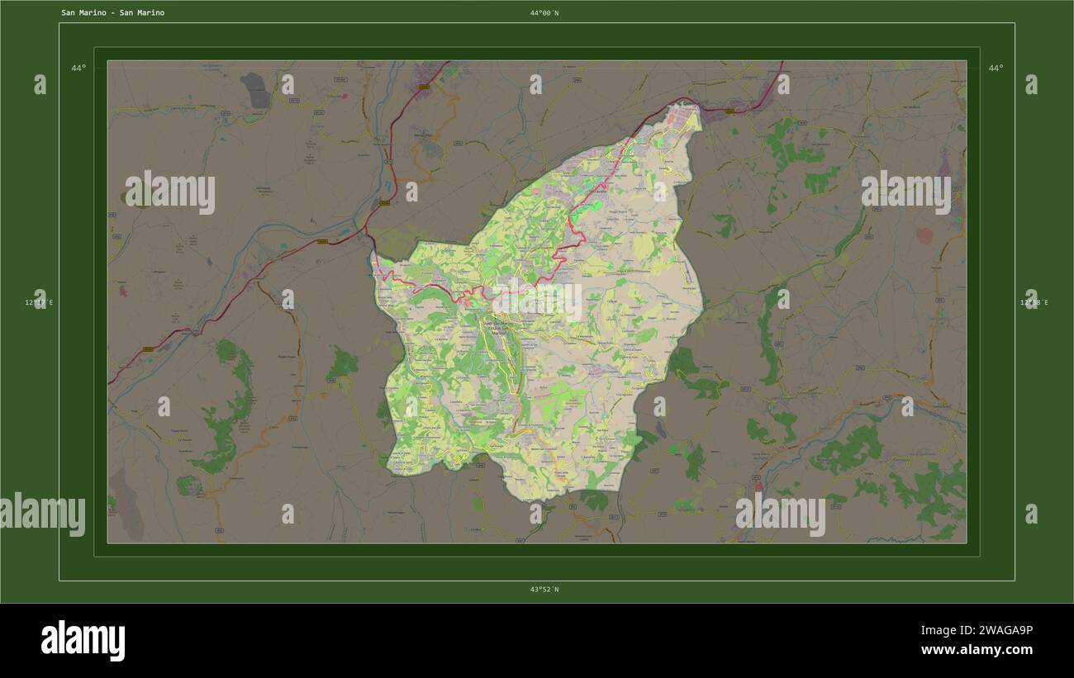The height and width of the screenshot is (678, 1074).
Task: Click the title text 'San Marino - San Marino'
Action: click(112, 13)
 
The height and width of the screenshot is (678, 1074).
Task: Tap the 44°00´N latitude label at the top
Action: click(544, 13)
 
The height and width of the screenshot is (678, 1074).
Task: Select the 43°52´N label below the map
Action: click(544, 590)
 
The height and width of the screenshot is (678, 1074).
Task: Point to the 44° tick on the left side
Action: click(78, 68)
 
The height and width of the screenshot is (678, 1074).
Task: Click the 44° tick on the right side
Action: click(996, 68)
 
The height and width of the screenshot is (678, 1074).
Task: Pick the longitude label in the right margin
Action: click(1034, 303)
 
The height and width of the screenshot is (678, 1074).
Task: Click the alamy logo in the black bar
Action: click(83, 641)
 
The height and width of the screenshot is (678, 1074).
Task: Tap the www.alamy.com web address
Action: click(977, 650)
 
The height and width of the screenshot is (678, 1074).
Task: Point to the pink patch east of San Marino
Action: click(924, 235)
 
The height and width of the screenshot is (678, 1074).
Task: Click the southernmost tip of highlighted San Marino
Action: click(522, 500)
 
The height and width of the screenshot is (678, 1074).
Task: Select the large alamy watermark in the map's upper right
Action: click(905, 192)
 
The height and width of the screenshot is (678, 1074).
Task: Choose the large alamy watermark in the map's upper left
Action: click(170, 192)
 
